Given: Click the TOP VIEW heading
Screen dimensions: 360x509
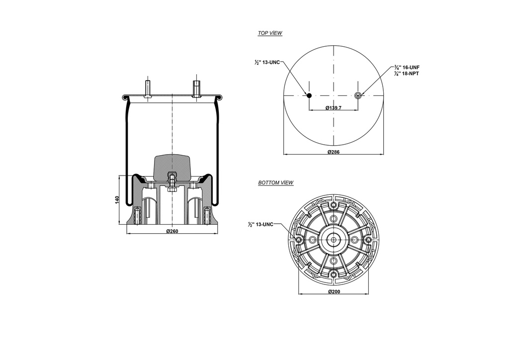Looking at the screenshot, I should pos(270,33).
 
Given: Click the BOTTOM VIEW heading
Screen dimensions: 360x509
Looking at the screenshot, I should pos(276,183).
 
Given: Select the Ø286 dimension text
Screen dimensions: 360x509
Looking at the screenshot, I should pos(333,152).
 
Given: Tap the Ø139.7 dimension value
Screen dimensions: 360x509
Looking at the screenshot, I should pos(333,108).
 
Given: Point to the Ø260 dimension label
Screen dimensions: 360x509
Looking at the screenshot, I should pos(172,231).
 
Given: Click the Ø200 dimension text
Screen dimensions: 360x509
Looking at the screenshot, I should pos(334,291).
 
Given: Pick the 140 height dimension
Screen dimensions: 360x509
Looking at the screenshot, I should pos(117,199).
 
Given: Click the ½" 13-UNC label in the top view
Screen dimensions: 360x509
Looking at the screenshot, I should pos(267,63).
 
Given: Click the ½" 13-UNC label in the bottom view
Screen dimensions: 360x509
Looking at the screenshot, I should pos(261,225).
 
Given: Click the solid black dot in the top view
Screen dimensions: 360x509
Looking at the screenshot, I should pos(309,95).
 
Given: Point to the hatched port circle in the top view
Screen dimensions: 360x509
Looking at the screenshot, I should pos(358,95).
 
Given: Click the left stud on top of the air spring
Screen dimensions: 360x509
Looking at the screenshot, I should pos(148,90).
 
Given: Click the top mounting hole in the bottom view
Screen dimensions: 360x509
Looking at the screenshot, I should pos(333,205).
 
